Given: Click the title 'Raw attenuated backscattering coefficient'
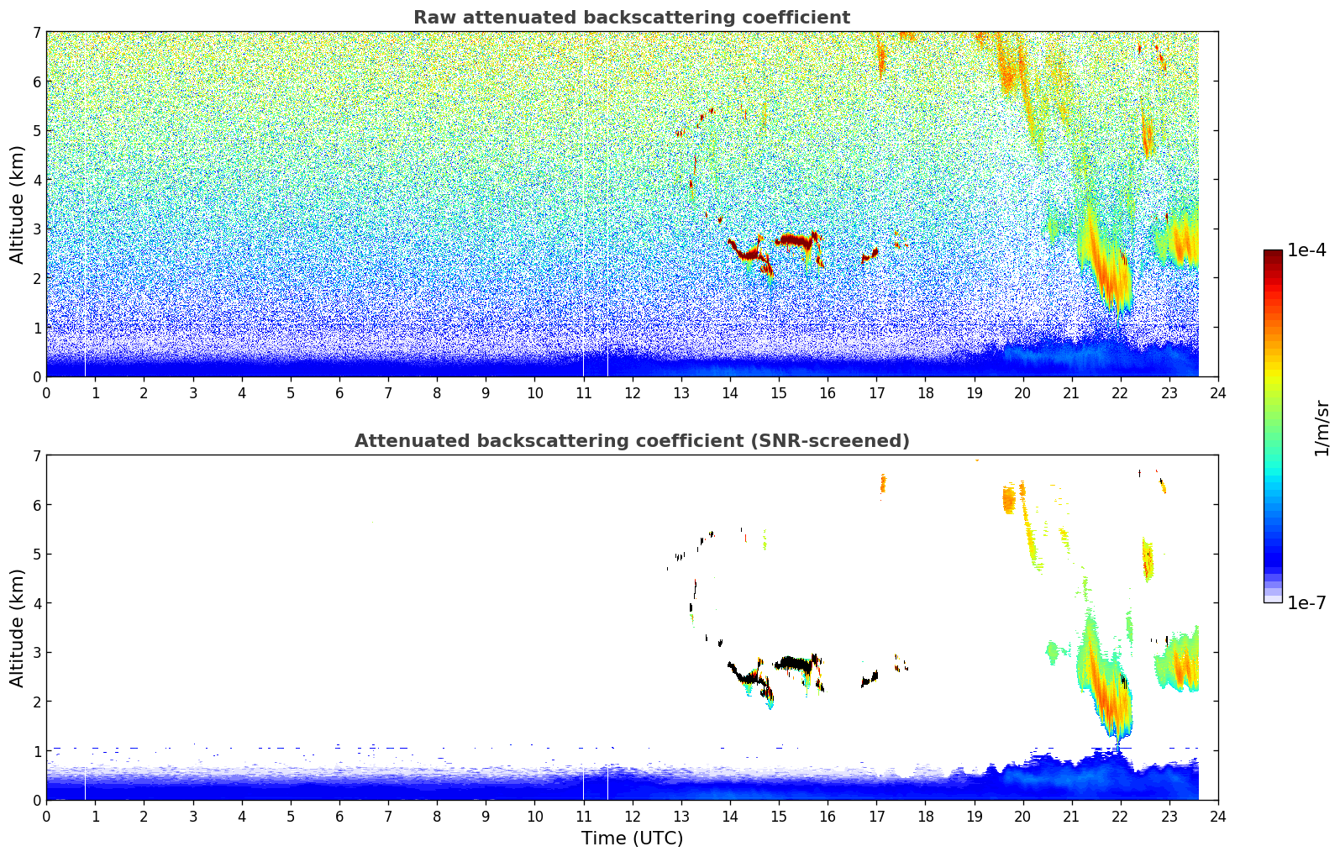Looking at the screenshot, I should tap(631, 18).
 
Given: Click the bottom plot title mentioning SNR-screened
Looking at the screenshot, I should tap(631, 441).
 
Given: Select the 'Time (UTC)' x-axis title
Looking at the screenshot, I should tap(632, 839).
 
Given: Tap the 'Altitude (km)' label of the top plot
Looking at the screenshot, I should tap(18, 204).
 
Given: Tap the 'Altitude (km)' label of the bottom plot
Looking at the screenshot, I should tap(18, 628).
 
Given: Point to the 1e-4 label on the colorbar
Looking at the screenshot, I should tap(1306, 250).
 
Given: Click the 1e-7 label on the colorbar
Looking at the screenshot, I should tap(1306, 602).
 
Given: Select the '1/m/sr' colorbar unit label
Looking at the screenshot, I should tap(1322, 428).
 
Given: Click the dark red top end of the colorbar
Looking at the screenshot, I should tap(1273, 255).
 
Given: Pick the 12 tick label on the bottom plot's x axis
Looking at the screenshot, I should tap(633, 817).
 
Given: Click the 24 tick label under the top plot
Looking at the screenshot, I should tap(1218, 393).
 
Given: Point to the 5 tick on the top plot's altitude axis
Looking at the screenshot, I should tap(37, 131).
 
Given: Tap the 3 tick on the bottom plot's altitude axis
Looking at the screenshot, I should tap(37, 653).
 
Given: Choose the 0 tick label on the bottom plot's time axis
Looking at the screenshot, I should tap(46, 817).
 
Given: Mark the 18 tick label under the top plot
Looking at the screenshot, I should tap(925, 393).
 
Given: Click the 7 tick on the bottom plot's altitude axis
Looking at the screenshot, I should tap(37, 456).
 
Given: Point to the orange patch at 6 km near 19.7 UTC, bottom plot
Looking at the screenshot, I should tap(1009, 501).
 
